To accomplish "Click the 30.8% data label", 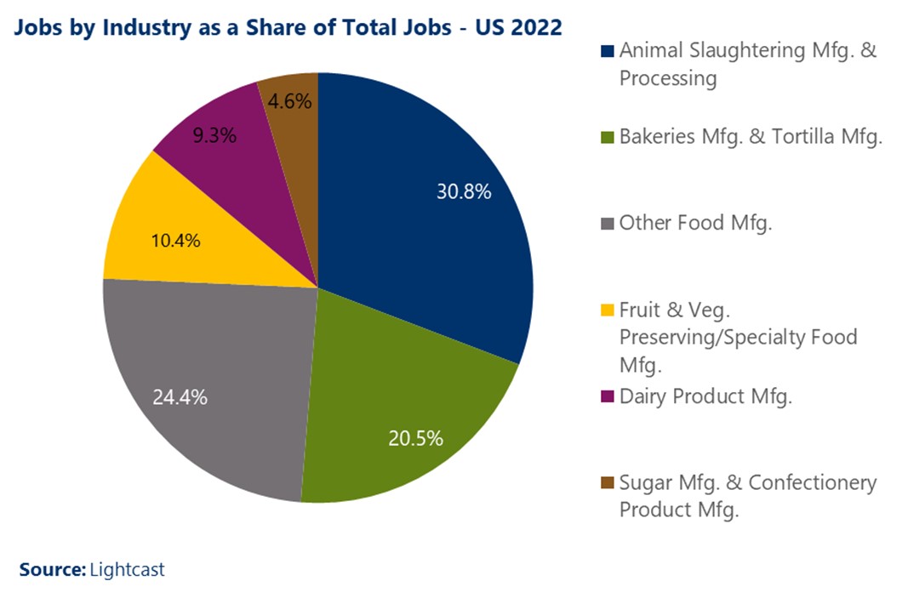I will click(x=464, y=192).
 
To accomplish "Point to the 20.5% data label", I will click(x=414, y=439).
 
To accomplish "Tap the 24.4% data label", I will click(x=180, y=396).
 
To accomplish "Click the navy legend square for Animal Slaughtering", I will click(x=607, y=51).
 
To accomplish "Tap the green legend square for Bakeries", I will click(x=607, y=137).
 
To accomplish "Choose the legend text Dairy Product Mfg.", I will click(x=705, y=396).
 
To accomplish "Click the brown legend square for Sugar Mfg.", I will click(x=607, y=483).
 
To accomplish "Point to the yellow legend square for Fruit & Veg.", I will click(x=607, y=310).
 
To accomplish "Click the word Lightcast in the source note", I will click(x=127, y=569).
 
